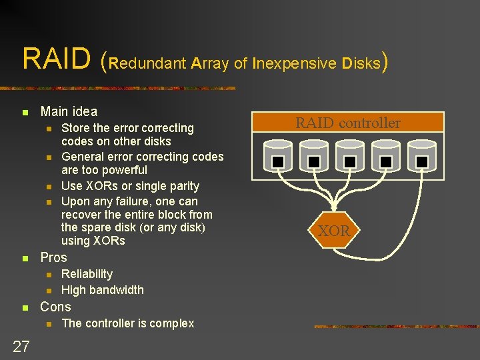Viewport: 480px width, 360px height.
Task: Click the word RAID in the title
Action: tap(56, 58)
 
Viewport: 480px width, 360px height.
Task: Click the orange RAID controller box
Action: tap(348, 122)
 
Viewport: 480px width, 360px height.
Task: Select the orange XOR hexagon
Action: tap(334, 231)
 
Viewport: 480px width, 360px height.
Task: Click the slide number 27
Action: tap(21, 345)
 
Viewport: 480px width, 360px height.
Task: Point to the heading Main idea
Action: tap(69, 111)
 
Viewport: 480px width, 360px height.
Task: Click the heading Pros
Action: tap(54, 257)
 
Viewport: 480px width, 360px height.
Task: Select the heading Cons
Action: tap(55, 307)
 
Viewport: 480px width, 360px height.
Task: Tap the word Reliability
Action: tap(87, 274)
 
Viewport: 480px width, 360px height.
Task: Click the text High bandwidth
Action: tap(102, 290)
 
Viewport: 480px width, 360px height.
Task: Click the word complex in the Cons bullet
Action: tap(172, 323)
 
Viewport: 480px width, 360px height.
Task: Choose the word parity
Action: tap(182, 185)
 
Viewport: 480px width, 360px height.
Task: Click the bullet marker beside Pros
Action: tap(25, 258)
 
